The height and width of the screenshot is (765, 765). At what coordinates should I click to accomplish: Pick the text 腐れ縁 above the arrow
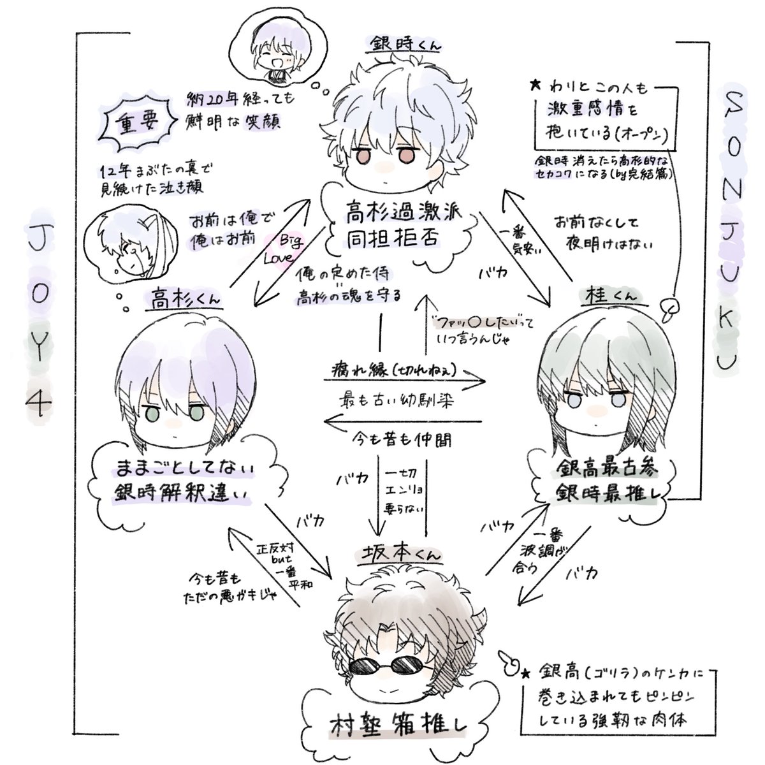click(348, 370)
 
